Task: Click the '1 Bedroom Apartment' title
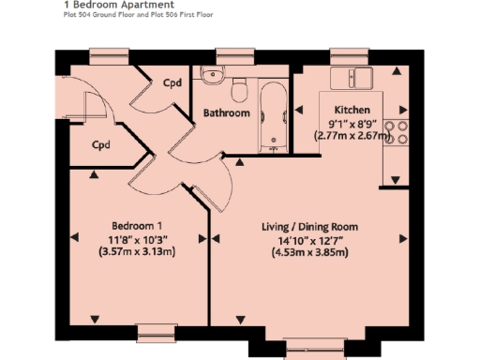tap(104, 5)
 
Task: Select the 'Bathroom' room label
tap(227, 113)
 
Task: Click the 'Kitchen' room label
tap(351, 110)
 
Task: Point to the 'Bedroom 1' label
tap(138, 226)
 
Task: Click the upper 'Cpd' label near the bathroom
tap(172, 83)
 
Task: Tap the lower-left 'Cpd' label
tap(101, 145)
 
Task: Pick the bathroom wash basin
tap(212, 76)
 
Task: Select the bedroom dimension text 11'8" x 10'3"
tap(138, 239)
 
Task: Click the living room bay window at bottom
tap(308, 349)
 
